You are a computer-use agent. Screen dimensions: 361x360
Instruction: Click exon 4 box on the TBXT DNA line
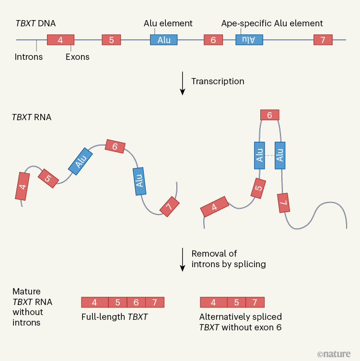click(x=60, y=40)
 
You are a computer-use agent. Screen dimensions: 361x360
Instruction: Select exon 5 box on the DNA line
click(x=111, y=40)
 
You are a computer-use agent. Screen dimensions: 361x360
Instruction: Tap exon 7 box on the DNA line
click(x=323, y=40)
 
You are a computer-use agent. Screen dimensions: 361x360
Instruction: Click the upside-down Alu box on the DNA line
click(x=249, y=40)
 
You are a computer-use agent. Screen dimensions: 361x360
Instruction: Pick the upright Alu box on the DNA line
click(x=163, y=40)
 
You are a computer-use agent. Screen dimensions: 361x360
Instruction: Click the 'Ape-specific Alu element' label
click(x=272, y=23)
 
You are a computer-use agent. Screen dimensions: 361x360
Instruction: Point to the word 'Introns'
click(x=29, y=57)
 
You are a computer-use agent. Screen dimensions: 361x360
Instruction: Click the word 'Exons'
click(x=77, y=57)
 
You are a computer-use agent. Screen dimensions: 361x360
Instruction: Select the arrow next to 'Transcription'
click(x=182, y=83)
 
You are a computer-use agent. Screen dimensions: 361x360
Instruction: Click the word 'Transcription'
click(x=218, y=81)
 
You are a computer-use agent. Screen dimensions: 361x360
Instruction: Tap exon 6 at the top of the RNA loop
click(x=269, y=115)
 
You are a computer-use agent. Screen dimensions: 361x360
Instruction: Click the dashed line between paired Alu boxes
click(x=269, y=156)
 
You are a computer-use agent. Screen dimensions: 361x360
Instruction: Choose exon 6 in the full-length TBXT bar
click(x=136, y=302)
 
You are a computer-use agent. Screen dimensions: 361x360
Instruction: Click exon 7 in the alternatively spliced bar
click(x=255, y=302)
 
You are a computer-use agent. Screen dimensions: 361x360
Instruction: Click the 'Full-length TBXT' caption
click(x=114, y=316)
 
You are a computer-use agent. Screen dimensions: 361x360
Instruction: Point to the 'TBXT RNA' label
click(x=32, y=117)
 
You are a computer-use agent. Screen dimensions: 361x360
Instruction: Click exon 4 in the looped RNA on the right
click(x=214, y=207)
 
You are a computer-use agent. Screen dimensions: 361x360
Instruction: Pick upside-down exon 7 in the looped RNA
click(x=283, y=203)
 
